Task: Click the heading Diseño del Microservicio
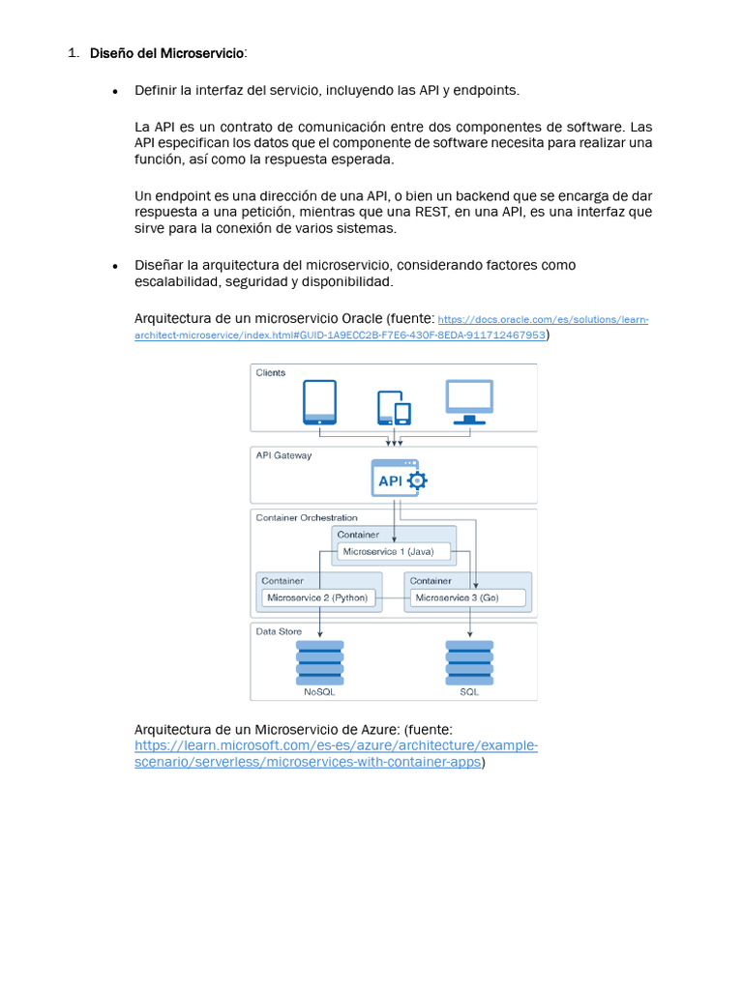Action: pyautogui.click(x=167, y=52)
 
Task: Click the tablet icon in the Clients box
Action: pyautogui.click(x=319, y=401)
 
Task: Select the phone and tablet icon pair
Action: pyautogui.click(x=394, y=407)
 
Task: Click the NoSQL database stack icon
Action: pyautogui.click(x=320, y=662)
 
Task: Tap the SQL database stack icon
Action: pyautogui.click(x=469, y=662)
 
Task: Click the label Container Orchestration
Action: pyautogui.click(x=307, y=518)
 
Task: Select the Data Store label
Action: pyautogui.click(x=279, y=631)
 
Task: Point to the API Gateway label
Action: pyautogui.click(x=283, y=455)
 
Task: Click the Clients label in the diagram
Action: pyautogui.click(x=271, y=372)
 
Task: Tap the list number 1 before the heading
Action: pyautogui.click(x=73, y=52)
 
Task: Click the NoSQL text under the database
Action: pyautogui.click(x=319, y=692)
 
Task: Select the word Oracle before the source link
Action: pyautogui.click(x=362, y=318)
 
